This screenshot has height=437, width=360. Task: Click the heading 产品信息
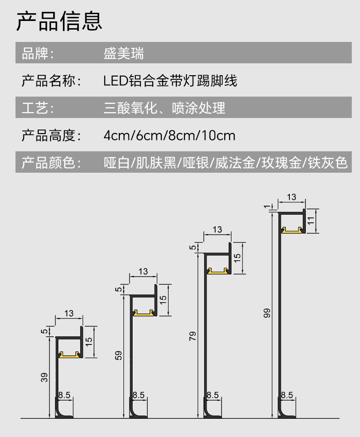(x=59, y=21)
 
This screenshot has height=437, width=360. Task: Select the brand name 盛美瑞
(x=123, y=53)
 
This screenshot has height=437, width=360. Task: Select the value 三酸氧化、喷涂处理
(x=165, y=108)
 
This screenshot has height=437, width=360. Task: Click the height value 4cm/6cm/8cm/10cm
(x=170, y=135)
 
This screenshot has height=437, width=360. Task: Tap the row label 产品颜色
(x=51, y=163)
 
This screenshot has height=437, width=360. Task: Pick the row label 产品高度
(x=51, y=135)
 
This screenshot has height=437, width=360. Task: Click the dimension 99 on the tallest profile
(x=267, y=313)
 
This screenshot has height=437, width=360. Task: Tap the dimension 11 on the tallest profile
(x=311, y=221)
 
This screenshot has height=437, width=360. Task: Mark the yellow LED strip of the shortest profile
(x=69, y=355)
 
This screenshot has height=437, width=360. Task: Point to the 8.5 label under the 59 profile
(x=139, y=396)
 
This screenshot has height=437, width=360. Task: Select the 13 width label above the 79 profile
(x=217, y=230)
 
